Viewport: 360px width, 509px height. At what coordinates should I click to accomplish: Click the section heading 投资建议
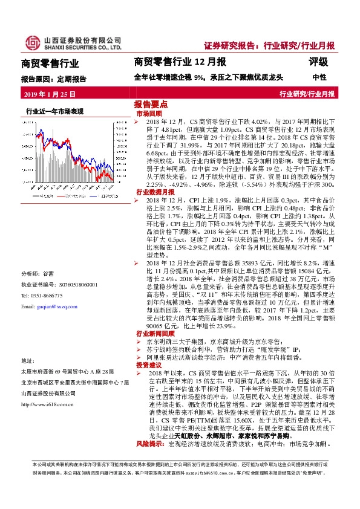click(149, 366)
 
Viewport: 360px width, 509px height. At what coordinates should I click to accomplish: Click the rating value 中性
click(319, 78)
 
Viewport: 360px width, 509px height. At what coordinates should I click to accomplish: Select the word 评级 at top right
click(318, 62)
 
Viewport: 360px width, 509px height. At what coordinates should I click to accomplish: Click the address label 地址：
click(28, 360)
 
